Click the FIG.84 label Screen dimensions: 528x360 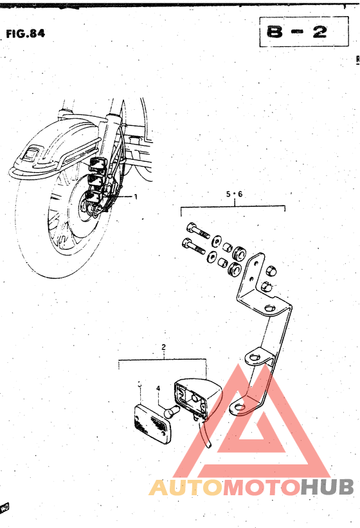(x=26, y=33)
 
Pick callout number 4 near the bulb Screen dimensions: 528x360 (x=157, y=388)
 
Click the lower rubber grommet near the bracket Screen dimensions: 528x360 (x=236, y=269)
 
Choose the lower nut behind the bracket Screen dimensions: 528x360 (x=268, y=285)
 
